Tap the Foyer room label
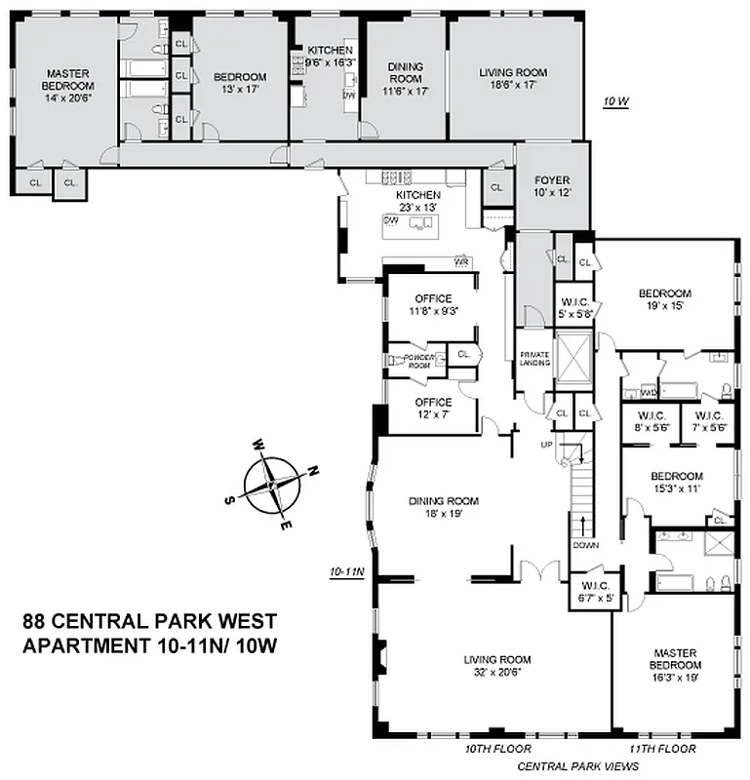(x=552, y=181)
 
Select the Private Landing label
(x=534, y=358)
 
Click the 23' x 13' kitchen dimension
(x=418, y=207)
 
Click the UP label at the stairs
(x=546, y=445)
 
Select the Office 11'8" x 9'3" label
(x=431, y=304)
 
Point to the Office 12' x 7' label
(x=432, y=408)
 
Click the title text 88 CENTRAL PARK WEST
(x=149, y=622)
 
